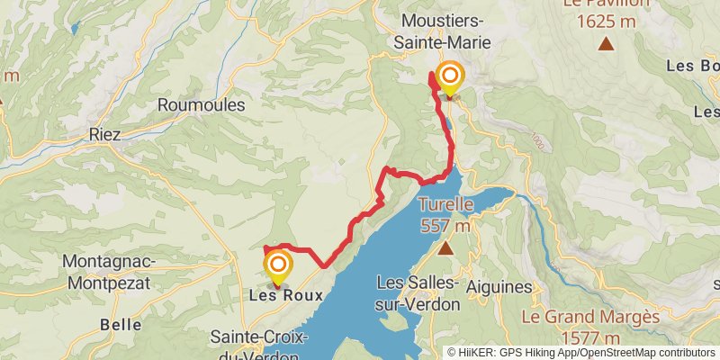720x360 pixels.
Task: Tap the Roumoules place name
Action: [x=201, y=105]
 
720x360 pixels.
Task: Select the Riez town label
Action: [x=105, y=134]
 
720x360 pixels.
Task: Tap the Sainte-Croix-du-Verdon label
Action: [x=258, y=346]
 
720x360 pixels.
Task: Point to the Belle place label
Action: [x=121, y=324]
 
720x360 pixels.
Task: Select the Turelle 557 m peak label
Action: [x=445, y=214]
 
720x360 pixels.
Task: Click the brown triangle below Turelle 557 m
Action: [x=445, y=246]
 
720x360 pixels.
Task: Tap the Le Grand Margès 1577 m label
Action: [x=590, y=328]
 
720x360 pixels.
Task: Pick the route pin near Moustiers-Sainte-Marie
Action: [x=448, y=77]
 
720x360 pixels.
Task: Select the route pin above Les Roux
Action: [x=278, y=265]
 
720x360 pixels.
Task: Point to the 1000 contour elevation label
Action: [x=537, y=142]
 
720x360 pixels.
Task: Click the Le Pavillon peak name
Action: [x=606, y=4]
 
